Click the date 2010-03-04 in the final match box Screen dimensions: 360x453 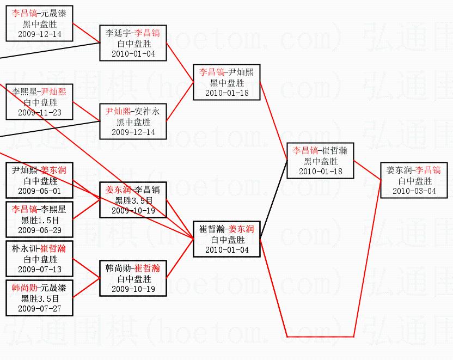414,191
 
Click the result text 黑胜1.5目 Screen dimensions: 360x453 39,220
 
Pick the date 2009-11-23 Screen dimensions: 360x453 39,113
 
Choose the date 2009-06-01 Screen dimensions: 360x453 39,191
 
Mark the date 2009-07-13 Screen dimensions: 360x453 39,270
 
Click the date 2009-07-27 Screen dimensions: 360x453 39,309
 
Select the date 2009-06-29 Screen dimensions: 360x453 39,230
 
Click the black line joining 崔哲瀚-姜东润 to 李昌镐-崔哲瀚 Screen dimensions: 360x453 273,199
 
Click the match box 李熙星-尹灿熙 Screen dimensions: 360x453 39,102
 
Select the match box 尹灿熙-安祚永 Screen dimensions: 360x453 133,121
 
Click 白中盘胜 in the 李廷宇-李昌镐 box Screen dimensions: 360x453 133,44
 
